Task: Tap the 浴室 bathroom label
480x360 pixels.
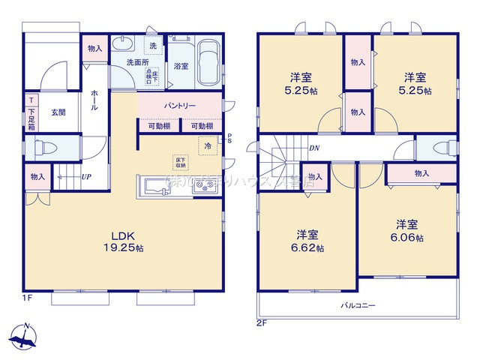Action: click(x=181, y=66)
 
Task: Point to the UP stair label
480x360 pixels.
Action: click(x=87, y=177)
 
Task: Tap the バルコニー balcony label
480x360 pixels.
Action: click(x=358, y=305)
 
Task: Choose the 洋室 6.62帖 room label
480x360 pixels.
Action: click(x=308, y=241)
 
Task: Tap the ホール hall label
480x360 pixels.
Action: click(x=93, y=100)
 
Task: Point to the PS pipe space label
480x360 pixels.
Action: click(x=229, y=139)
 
